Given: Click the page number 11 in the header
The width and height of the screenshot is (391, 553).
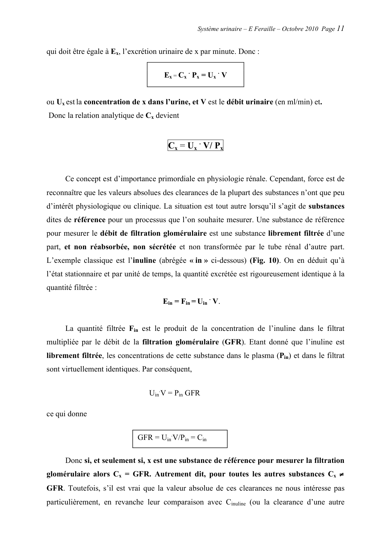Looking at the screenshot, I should point(340,28).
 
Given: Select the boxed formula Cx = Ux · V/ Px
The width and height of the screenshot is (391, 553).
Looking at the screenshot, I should point(195,146).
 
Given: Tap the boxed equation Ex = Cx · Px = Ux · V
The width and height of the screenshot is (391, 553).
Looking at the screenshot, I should point(195,75).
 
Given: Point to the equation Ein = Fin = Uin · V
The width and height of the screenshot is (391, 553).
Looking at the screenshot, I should point(191,301).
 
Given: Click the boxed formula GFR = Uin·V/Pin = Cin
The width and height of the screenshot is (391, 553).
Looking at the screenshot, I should point(180,439).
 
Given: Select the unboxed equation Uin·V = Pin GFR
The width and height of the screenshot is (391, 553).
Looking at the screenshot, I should point(174,393).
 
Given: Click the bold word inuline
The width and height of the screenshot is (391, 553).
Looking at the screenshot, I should point(144,260).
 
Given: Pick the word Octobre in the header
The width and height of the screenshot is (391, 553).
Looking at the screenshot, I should point(293,29).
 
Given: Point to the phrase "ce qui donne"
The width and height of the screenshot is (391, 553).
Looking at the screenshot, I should point(67,414).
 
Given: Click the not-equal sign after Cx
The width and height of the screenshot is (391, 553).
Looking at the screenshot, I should point(341,474).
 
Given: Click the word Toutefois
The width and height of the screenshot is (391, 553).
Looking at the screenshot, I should point(83,488).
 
